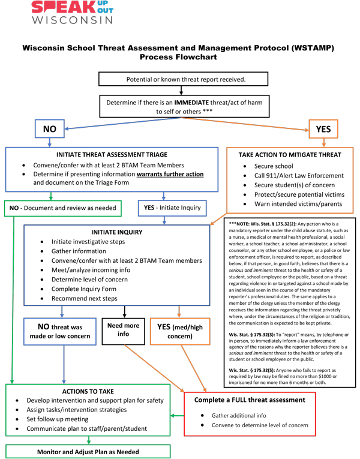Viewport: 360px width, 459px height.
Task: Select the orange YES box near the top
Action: coord(323,128)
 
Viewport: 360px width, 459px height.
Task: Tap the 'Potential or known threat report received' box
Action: coord(181,79)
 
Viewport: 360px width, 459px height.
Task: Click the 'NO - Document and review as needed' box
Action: coord(62,208)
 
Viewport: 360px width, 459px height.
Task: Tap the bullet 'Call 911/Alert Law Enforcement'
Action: coord(292,175)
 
